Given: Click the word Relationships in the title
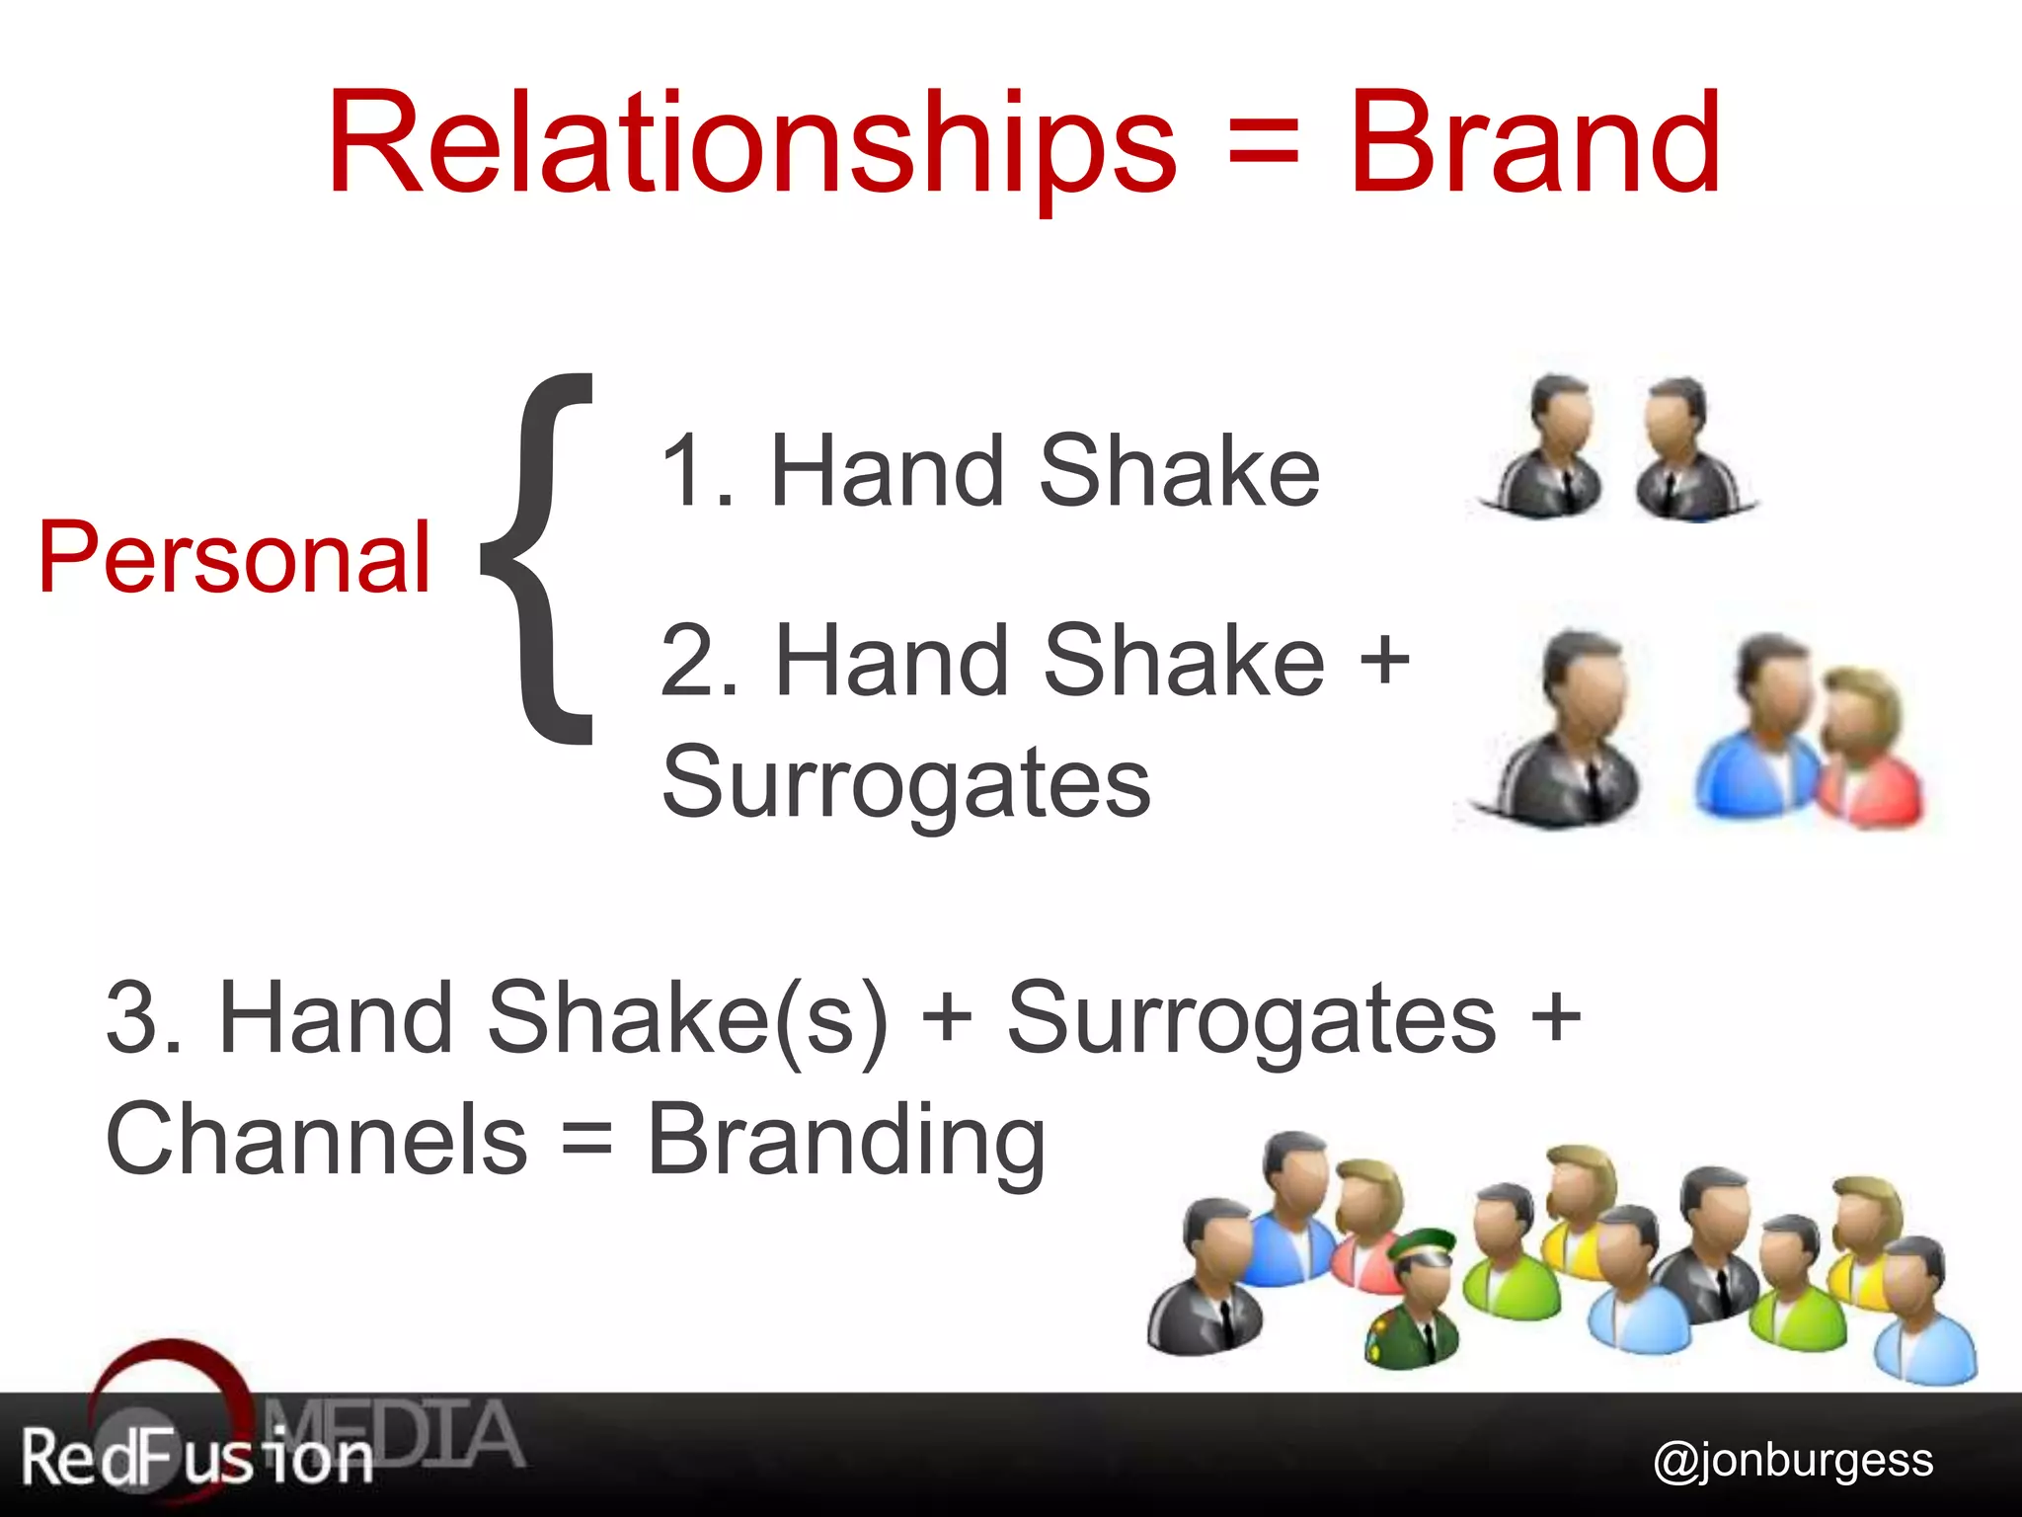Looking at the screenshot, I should click(750, 143).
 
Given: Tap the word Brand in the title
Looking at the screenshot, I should click(1536, 143).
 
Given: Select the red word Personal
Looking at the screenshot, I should click(235, 559).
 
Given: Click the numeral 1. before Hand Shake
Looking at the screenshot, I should click(697, 472).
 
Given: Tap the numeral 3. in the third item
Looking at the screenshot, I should click(144, 1017).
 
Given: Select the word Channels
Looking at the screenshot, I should click(316, 1140).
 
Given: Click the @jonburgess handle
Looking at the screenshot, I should click(1793, 1461).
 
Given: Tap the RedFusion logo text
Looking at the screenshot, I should click(197, 1458).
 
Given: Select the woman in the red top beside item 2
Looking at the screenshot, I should click(1868, 751).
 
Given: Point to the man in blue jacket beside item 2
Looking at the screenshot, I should click(1762, 731).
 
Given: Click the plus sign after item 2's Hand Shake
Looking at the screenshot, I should click(1384, 660).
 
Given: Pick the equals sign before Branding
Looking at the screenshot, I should click(586, 1142).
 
